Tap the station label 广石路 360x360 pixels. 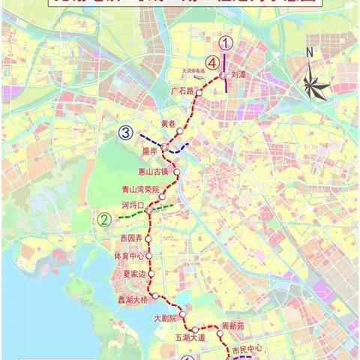point(181,91)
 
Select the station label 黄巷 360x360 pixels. point(169,123)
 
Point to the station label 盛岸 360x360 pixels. point(149,150)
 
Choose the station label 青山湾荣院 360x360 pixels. point(141,190)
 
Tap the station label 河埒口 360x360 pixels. point(130,203)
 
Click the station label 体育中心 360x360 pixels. point(129,256)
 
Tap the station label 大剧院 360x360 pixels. point(163,319)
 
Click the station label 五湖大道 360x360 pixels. point(188,338)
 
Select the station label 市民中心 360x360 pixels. point(250,350)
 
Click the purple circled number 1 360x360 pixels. point(226,43)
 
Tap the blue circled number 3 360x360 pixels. point(126,133)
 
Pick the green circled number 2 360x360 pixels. point(105,220)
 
